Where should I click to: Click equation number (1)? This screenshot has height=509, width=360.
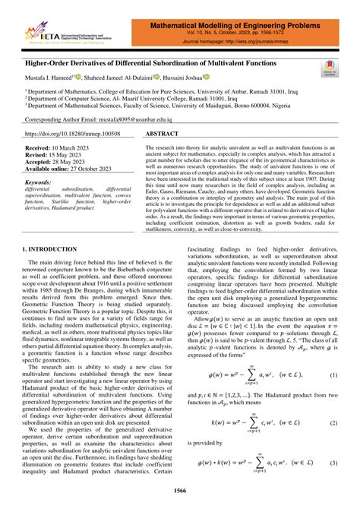[333, 376]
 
